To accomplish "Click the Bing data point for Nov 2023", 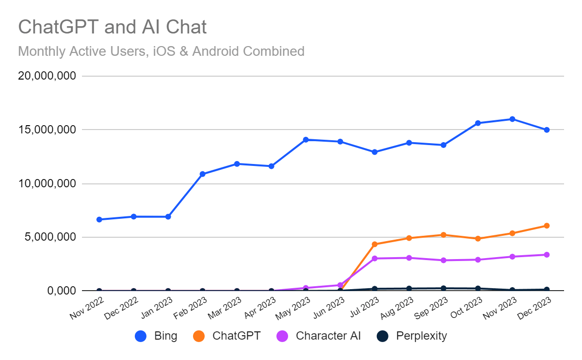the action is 512,119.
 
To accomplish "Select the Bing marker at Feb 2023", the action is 202,174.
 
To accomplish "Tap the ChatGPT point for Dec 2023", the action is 547,226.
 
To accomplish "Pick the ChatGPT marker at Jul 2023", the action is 374,244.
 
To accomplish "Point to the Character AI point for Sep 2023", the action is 443,260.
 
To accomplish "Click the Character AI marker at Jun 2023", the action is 340,285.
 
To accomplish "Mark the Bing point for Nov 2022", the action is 99,220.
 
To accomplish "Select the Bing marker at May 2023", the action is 306,140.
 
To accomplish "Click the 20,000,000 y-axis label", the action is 47,76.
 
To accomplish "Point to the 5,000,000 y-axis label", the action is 50,237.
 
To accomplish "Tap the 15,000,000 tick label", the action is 47,130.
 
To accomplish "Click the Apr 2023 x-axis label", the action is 260,308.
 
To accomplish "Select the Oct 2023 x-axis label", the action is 467,308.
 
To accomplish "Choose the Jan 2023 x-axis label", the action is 157,308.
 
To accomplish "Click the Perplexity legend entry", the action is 412,336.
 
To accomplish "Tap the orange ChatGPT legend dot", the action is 199,336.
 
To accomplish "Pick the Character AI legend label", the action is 328,336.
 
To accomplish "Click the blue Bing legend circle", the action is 141,336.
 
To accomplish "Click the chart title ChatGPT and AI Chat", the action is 112,27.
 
